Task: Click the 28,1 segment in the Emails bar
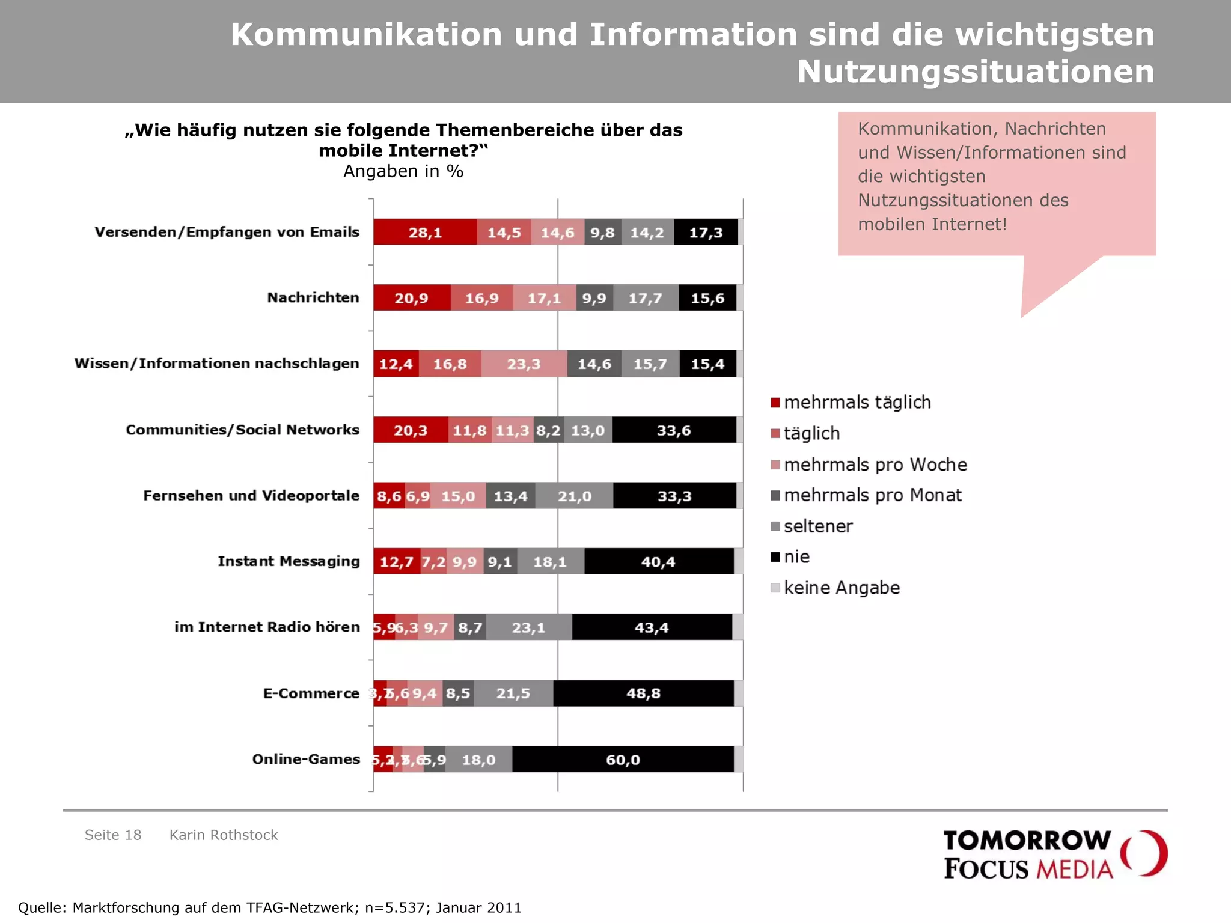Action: (425, 233)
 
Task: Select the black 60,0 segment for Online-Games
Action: (623, 760)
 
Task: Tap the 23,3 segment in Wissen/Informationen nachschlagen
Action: (524, 364)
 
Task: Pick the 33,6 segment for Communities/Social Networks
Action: (674, 430)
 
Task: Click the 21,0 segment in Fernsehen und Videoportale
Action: (574, 496)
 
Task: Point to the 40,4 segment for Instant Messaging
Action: (658, 562)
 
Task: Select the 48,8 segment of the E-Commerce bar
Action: (643, 693)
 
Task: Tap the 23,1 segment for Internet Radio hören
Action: (528, 628)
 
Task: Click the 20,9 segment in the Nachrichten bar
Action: (411, 299)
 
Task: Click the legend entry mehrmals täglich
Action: (857, 403)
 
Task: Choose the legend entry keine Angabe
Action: (842, 588)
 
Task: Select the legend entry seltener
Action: (818, 526)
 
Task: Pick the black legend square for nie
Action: (775, 557)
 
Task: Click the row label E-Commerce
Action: (311, 693)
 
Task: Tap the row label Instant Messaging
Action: (289, 561)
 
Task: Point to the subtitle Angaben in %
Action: (403, 172)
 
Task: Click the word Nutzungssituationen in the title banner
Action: (975, 72)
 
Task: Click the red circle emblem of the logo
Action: (1144, 853)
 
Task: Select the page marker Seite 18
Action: (113, 835)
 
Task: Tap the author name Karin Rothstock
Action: (224, 835)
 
